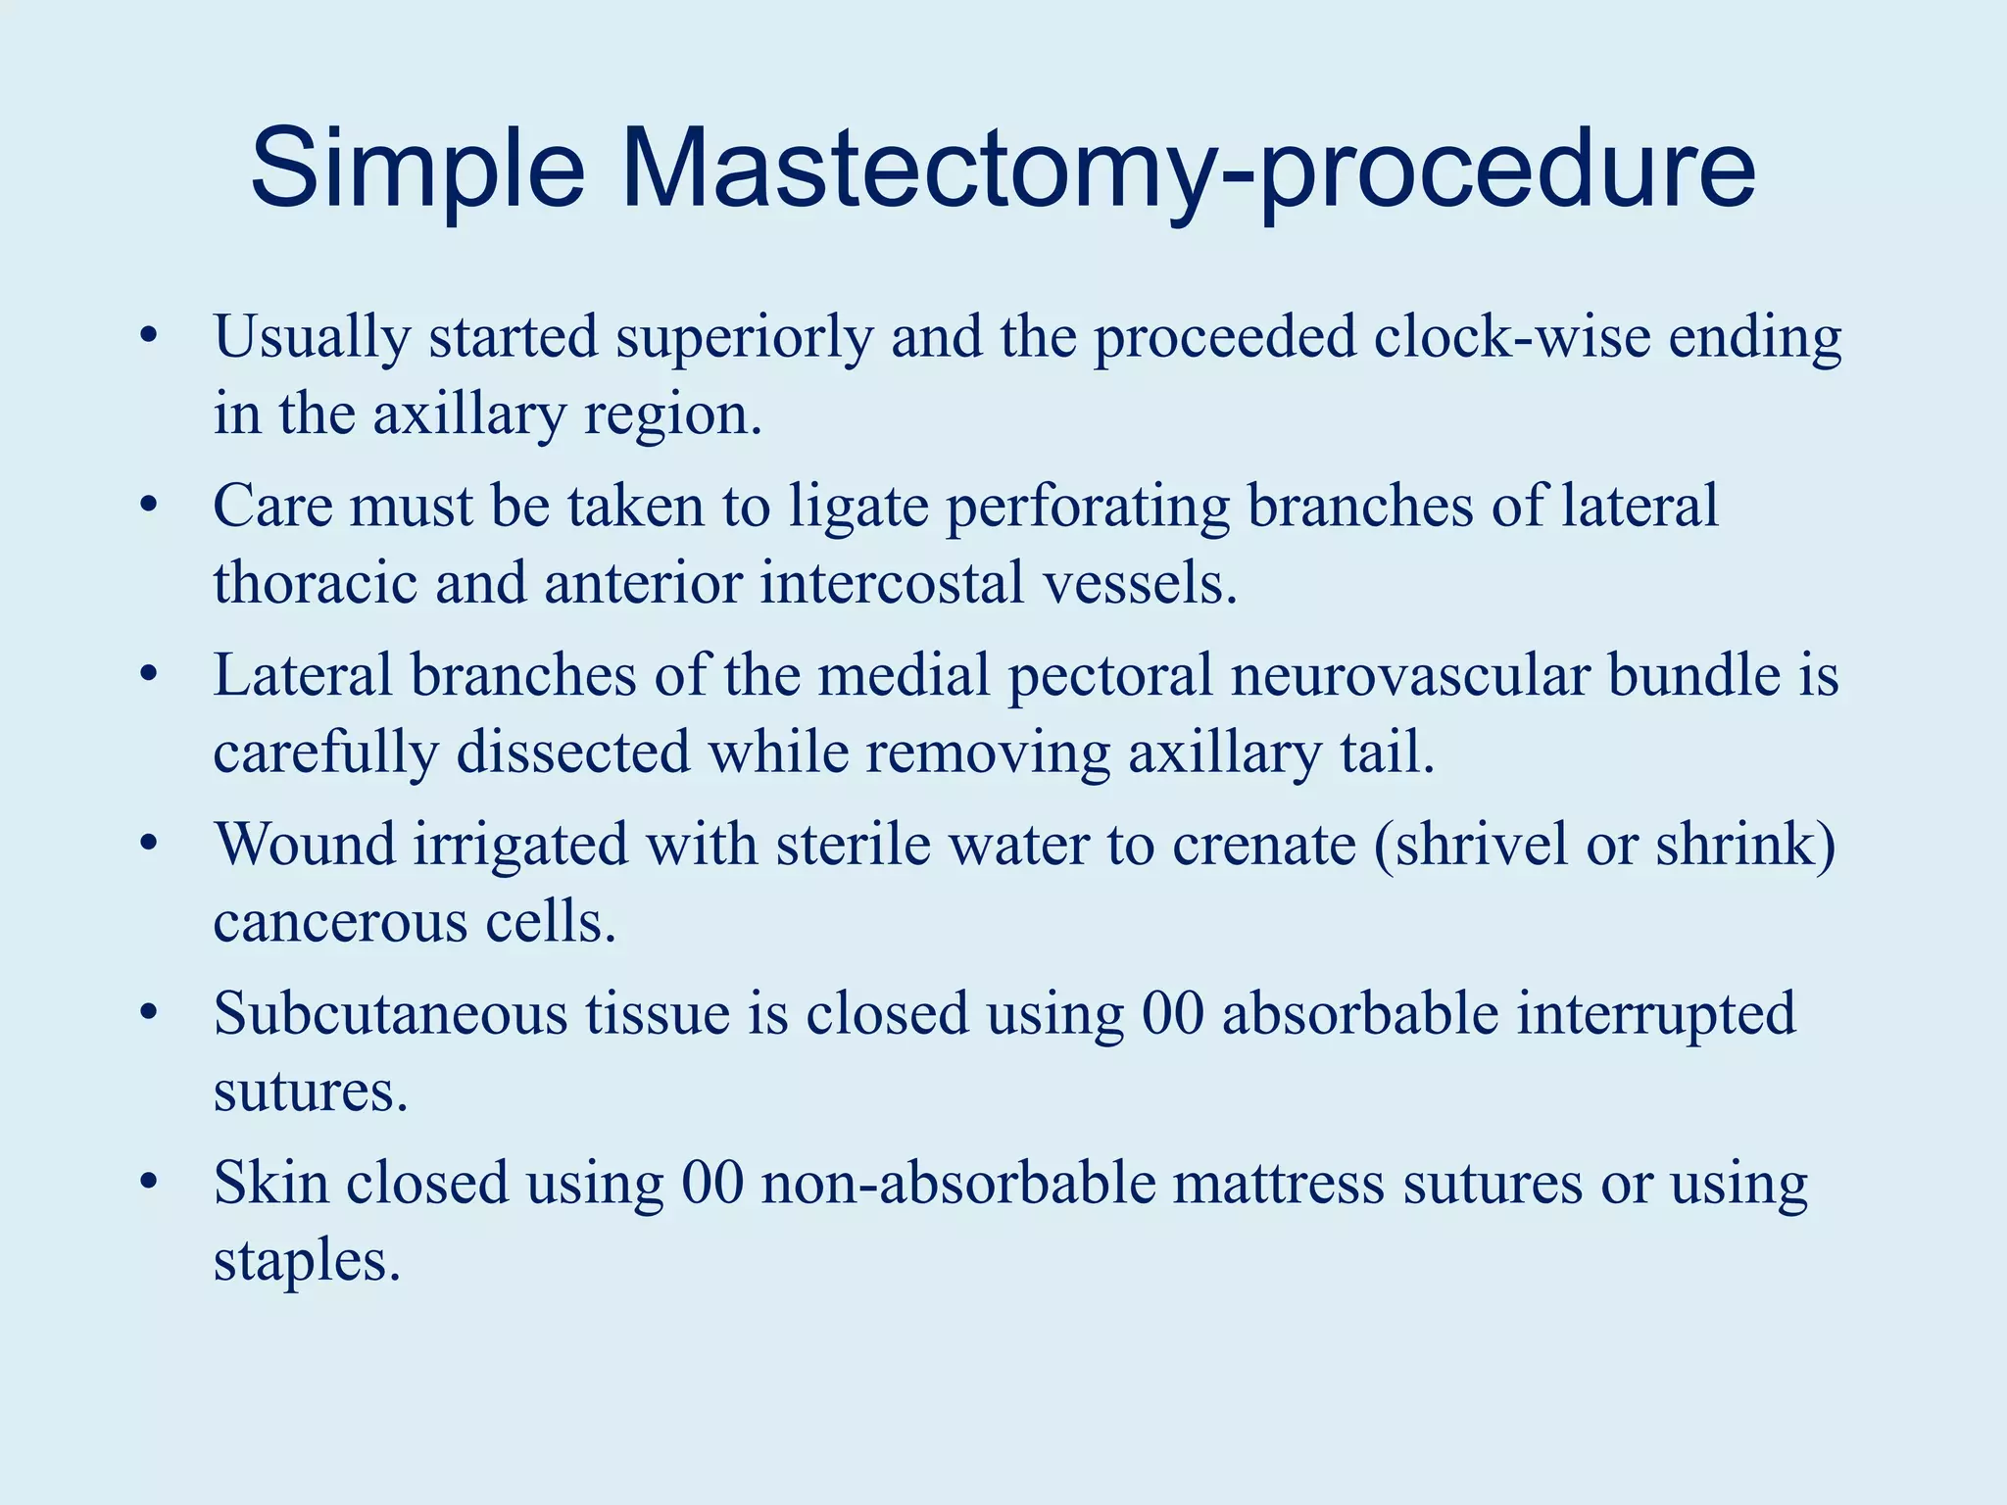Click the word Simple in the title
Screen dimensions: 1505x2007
(417, 169)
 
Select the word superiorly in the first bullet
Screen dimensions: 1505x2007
(743, 337)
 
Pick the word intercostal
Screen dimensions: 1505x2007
(891, 583)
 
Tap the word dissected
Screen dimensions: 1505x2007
(573, 752)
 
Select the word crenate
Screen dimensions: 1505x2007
(1263, 845)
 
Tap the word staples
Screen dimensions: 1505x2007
(307, 1261)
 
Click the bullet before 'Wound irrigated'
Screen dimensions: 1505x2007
(149, 845)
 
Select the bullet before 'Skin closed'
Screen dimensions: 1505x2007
(149, 1183)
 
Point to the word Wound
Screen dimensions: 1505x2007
(304, 845)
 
